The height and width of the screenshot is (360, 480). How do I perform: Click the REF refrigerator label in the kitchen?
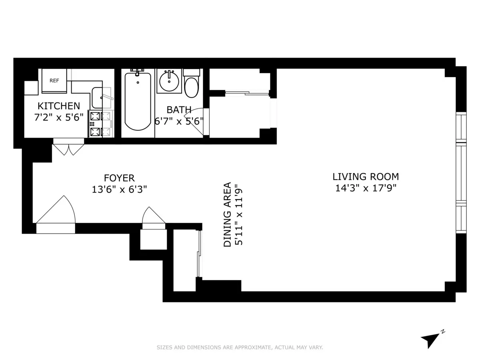[54, 80]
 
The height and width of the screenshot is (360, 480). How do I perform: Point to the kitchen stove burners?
[96, 124]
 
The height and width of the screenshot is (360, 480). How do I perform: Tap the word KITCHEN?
[59, 106]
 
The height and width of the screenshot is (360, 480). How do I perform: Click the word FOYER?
[119, 178]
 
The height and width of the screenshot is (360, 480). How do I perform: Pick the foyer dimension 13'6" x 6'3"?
[119, 189]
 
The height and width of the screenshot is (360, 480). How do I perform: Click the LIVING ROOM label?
[366, 176]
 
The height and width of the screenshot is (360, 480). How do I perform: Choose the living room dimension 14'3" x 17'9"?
[366, 188]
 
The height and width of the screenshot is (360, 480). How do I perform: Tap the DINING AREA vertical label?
[227, 214]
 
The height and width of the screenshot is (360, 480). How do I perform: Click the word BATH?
[179, 110]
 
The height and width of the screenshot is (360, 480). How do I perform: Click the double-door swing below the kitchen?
[69, 149]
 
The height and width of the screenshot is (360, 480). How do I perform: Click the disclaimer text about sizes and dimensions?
[240, 348]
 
